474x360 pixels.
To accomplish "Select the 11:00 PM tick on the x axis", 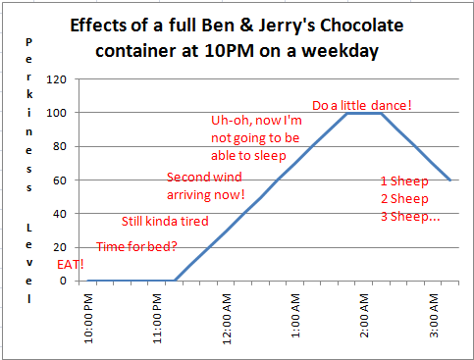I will [159, 312].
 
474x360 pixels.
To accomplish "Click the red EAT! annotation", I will [71, 265].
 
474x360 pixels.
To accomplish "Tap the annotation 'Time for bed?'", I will [135, 246].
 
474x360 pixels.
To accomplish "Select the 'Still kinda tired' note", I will [165, 222].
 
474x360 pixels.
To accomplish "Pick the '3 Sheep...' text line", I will [410, 216].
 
